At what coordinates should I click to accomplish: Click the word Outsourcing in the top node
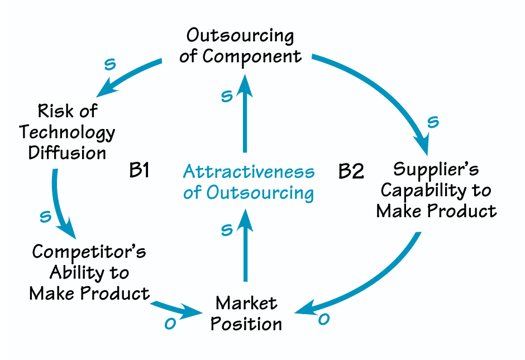pyautogui.click(x=240, y=36)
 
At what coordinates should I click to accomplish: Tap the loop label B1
pyautogui.click(x=139, y=171)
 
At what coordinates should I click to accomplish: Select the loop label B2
pyautogui.click(x=351, y=171)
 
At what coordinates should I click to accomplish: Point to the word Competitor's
pyautogui.click(x=89, y=252)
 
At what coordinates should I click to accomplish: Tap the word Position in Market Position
pyautogui.click(x=246, y=324)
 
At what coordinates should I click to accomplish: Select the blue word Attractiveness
pyautogui.click(x=249, y=171)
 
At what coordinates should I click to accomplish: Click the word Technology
pyautogui.click(x=67, y=132)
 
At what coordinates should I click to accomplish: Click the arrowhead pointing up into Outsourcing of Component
pyautogui.click(x=244, y=84)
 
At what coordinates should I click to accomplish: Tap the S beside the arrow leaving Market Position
pyautogui.click(x=226, y=230)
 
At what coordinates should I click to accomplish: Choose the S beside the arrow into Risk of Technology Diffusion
pyautogui.click(x=111, y=64)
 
